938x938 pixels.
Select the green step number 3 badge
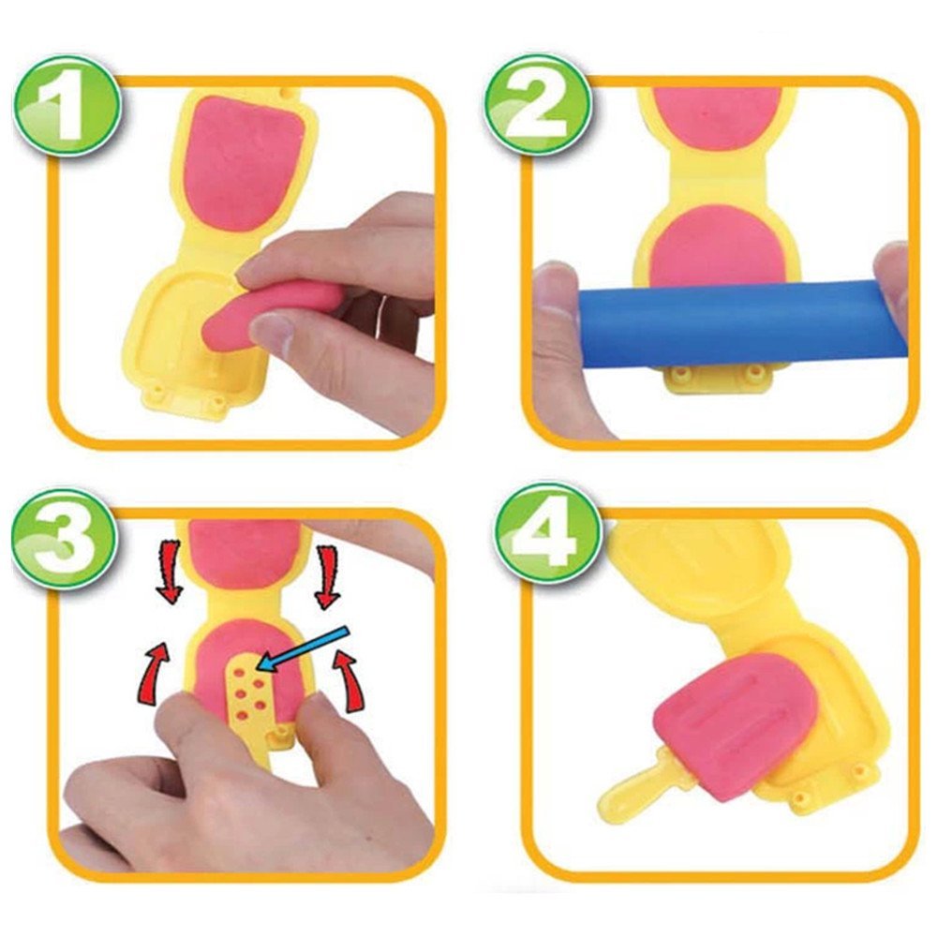65,540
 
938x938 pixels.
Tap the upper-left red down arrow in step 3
170,571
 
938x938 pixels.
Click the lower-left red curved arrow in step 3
152,669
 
